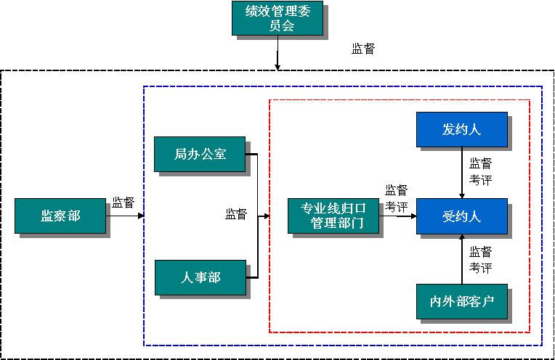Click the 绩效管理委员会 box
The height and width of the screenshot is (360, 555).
point(277,19)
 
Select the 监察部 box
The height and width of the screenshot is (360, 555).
point(60,216)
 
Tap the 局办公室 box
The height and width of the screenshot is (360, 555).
point(200,154)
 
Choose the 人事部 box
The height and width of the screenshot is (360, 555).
point(200,277)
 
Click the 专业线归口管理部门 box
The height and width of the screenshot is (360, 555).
point(334,216)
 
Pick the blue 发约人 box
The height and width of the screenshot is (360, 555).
point(461,131)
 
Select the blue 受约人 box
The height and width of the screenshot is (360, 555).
point(461,216)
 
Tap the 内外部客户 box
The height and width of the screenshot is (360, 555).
point(461,300)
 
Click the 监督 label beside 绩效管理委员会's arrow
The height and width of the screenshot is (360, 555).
point(363,49)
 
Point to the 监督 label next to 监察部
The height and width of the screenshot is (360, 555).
point(123,202)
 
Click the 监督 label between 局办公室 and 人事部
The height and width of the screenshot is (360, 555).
point(236,214)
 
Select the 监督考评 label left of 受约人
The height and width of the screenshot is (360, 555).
point(396,198)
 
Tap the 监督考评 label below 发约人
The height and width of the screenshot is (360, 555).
point(480,171)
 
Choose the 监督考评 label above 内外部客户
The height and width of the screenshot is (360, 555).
point(480,260)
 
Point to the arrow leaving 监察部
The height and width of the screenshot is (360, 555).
point(125,216)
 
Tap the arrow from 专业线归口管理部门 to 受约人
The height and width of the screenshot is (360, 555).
point(398,216)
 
